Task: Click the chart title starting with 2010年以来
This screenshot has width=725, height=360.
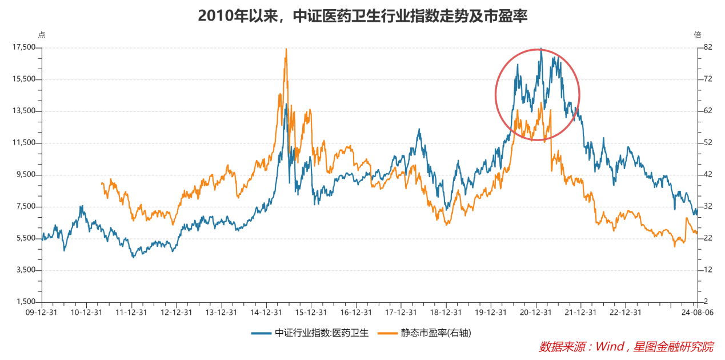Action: pos(362,15)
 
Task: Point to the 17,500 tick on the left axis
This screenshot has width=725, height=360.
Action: pos(23,47)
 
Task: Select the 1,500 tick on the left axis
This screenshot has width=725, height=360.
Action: pos(26,302)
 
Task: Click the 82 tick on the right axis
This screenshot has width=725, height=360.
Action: pos(707,47)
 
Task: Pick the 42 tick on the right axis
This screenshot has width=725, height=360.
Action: pos(707,174)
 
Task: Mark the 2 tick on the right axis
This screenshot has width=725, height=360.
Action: pos(705,302)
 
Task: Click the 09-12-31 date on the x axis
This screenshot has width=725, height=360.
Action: pos(42,313)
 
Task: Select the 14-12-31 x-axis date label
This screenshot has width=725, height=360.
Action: pos(266,313)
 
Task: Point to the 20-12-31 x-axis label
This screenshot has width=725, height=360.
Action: pos(536,313)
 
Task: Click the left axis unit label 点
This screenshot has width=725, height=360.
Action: pos(41,34)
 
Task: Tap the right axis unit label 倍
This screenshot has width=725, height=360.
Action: pos(697,34)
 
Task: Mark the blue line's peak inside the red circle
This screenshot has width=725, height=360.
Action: pos(540,49)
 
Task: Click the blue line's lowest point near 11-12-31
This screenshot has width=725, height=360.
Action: pos(133,257)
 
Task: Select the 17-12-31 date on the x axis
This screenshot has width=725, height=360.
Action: pos(401,313)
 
